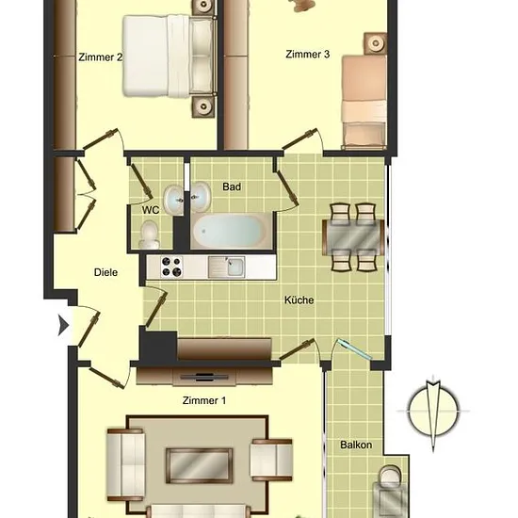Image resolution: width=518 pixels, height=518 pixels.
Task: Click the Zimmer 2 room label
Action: (100, 57)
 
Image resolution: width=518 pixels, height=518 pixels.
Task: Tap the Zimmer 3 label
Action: (308, 55)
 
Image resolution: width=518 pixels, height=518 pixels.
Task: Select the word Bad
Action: (232, 186)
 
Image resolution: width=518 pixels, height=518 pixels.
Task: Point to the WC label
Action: (151, 210)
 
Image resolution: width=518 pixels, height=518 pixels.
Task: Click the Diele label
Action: (105, 272)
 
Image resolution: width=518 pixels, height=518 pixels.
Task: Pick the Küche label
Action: (299, 299)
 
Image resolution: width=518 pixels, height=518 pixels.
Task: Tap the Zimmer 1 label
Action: (204, 400)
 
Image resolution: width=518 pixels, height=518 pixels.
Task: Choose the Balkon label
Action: (356, 445)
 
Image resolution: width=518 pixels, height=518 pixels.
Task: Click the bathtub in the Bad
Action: (230, 230)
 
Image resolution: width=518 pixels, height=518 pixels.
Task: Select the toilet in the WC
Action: (149, 235)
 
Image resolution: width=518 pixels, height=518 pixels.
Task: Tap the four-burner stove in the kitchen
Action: (171, 267)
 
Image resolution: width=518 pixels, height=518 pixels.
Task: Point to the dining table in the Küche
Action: (353, 236)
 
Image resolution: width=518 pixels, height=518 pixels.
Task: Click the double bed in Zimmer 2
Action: (170, 57)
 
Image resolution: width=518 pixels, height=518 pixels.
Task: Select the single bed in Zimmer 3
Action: (364, 102)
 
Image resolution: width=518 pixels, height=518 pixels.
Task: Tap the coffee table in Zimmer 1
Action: (200, 466)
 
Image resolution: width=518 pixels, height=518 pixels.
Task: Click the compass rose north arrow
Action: (433, 413)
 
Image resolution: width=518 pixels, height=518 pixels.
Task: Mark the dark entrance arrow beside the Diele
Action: (63, 325)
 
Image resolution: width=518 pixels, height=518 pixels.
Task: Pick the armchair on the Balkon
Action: (390, 491)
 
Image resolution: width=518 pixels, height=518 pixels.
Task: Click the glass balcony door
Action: (352, 348)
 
